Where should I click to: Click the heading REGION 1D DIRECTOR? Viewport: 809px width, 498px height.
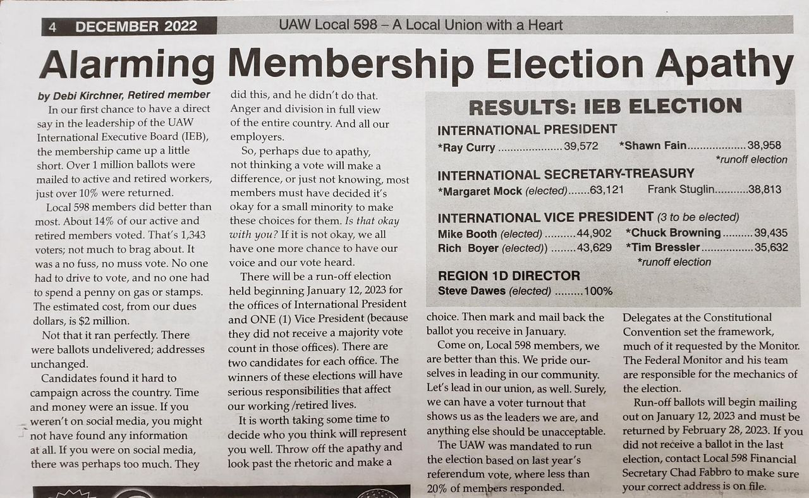[509, 276]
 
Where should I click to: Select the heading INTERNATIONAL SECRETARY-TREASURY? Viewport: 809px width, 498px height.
[566, 174]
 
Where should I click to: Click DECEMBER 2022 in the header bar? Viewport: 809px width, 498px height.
[136, 26]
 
